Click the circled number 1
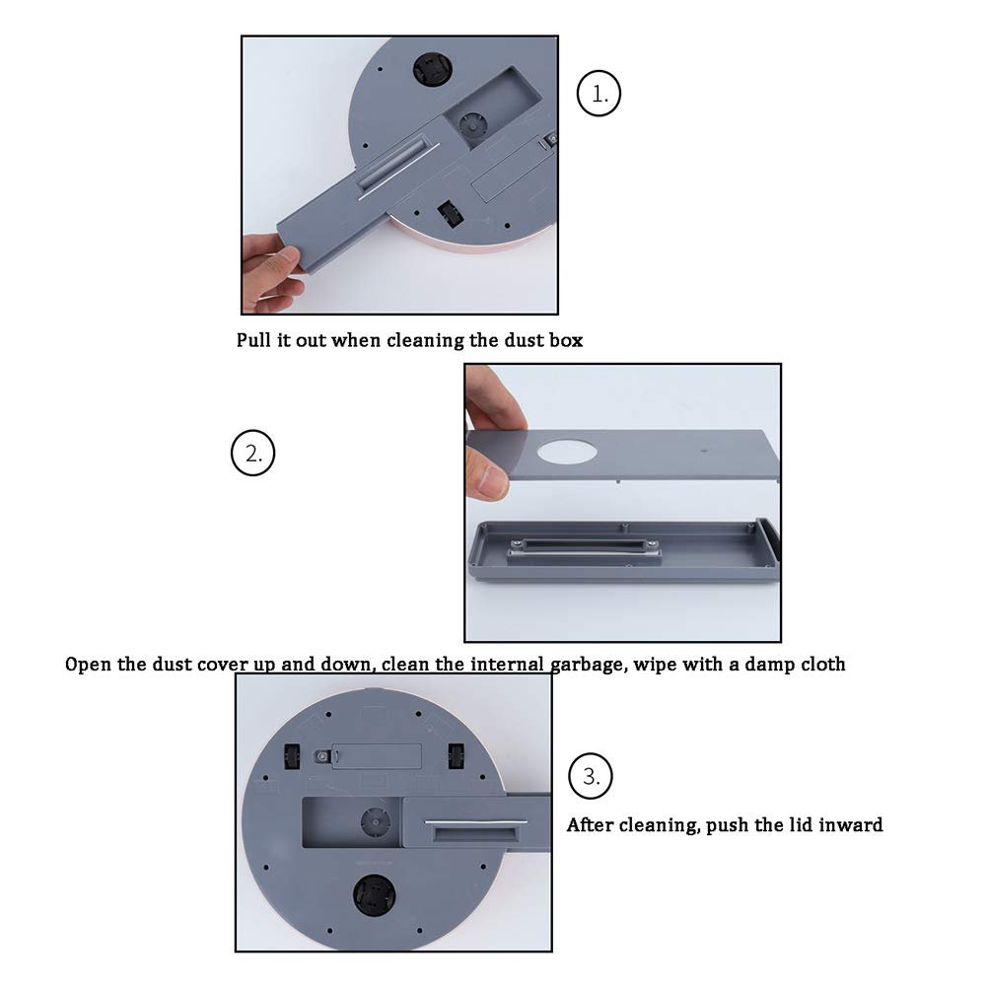(x=599, y=93)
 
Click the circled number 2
(x=253, y=453)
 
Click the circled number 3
(x=590, y=775)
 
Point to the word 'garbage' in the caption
(x=590, y=666)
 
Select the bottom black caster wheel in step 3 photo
(x=374, y=895)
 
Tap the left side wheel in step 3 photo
(x=292, y=756)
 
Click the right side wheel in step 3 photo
(x=456, y=756)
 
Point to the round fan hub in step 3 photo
(x=375, y=822)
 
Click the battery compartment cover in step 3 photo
(x=377, y=756)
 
